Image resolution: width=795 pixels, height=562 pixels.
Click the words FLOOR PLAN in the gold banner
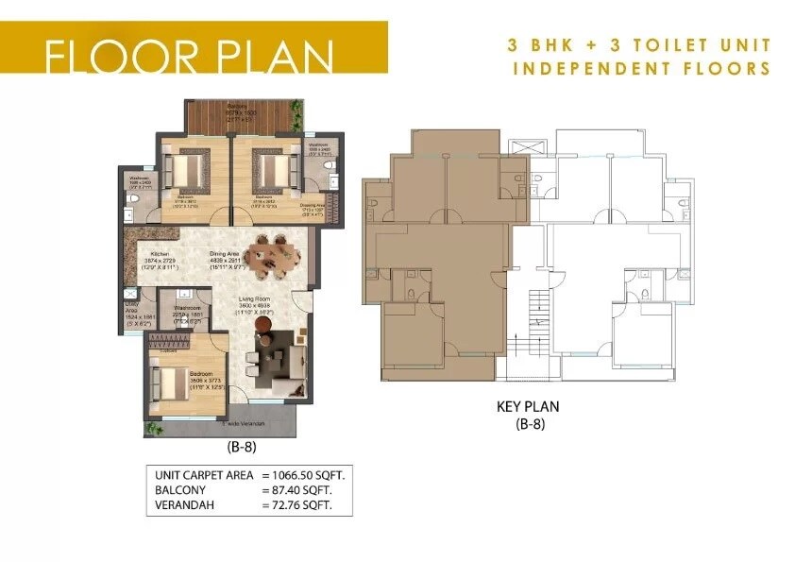click(189, 56)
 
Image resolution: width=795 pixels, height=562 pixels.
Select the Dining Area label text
click(224, 254)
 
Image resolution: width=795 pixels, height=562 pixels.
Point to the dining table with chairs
click(270, 257)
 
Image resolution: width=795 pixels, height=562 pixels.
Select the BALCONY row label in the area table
click(181, 491)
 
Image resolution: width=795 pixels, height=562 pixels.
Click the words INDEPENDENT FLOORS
click(642, 69)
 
